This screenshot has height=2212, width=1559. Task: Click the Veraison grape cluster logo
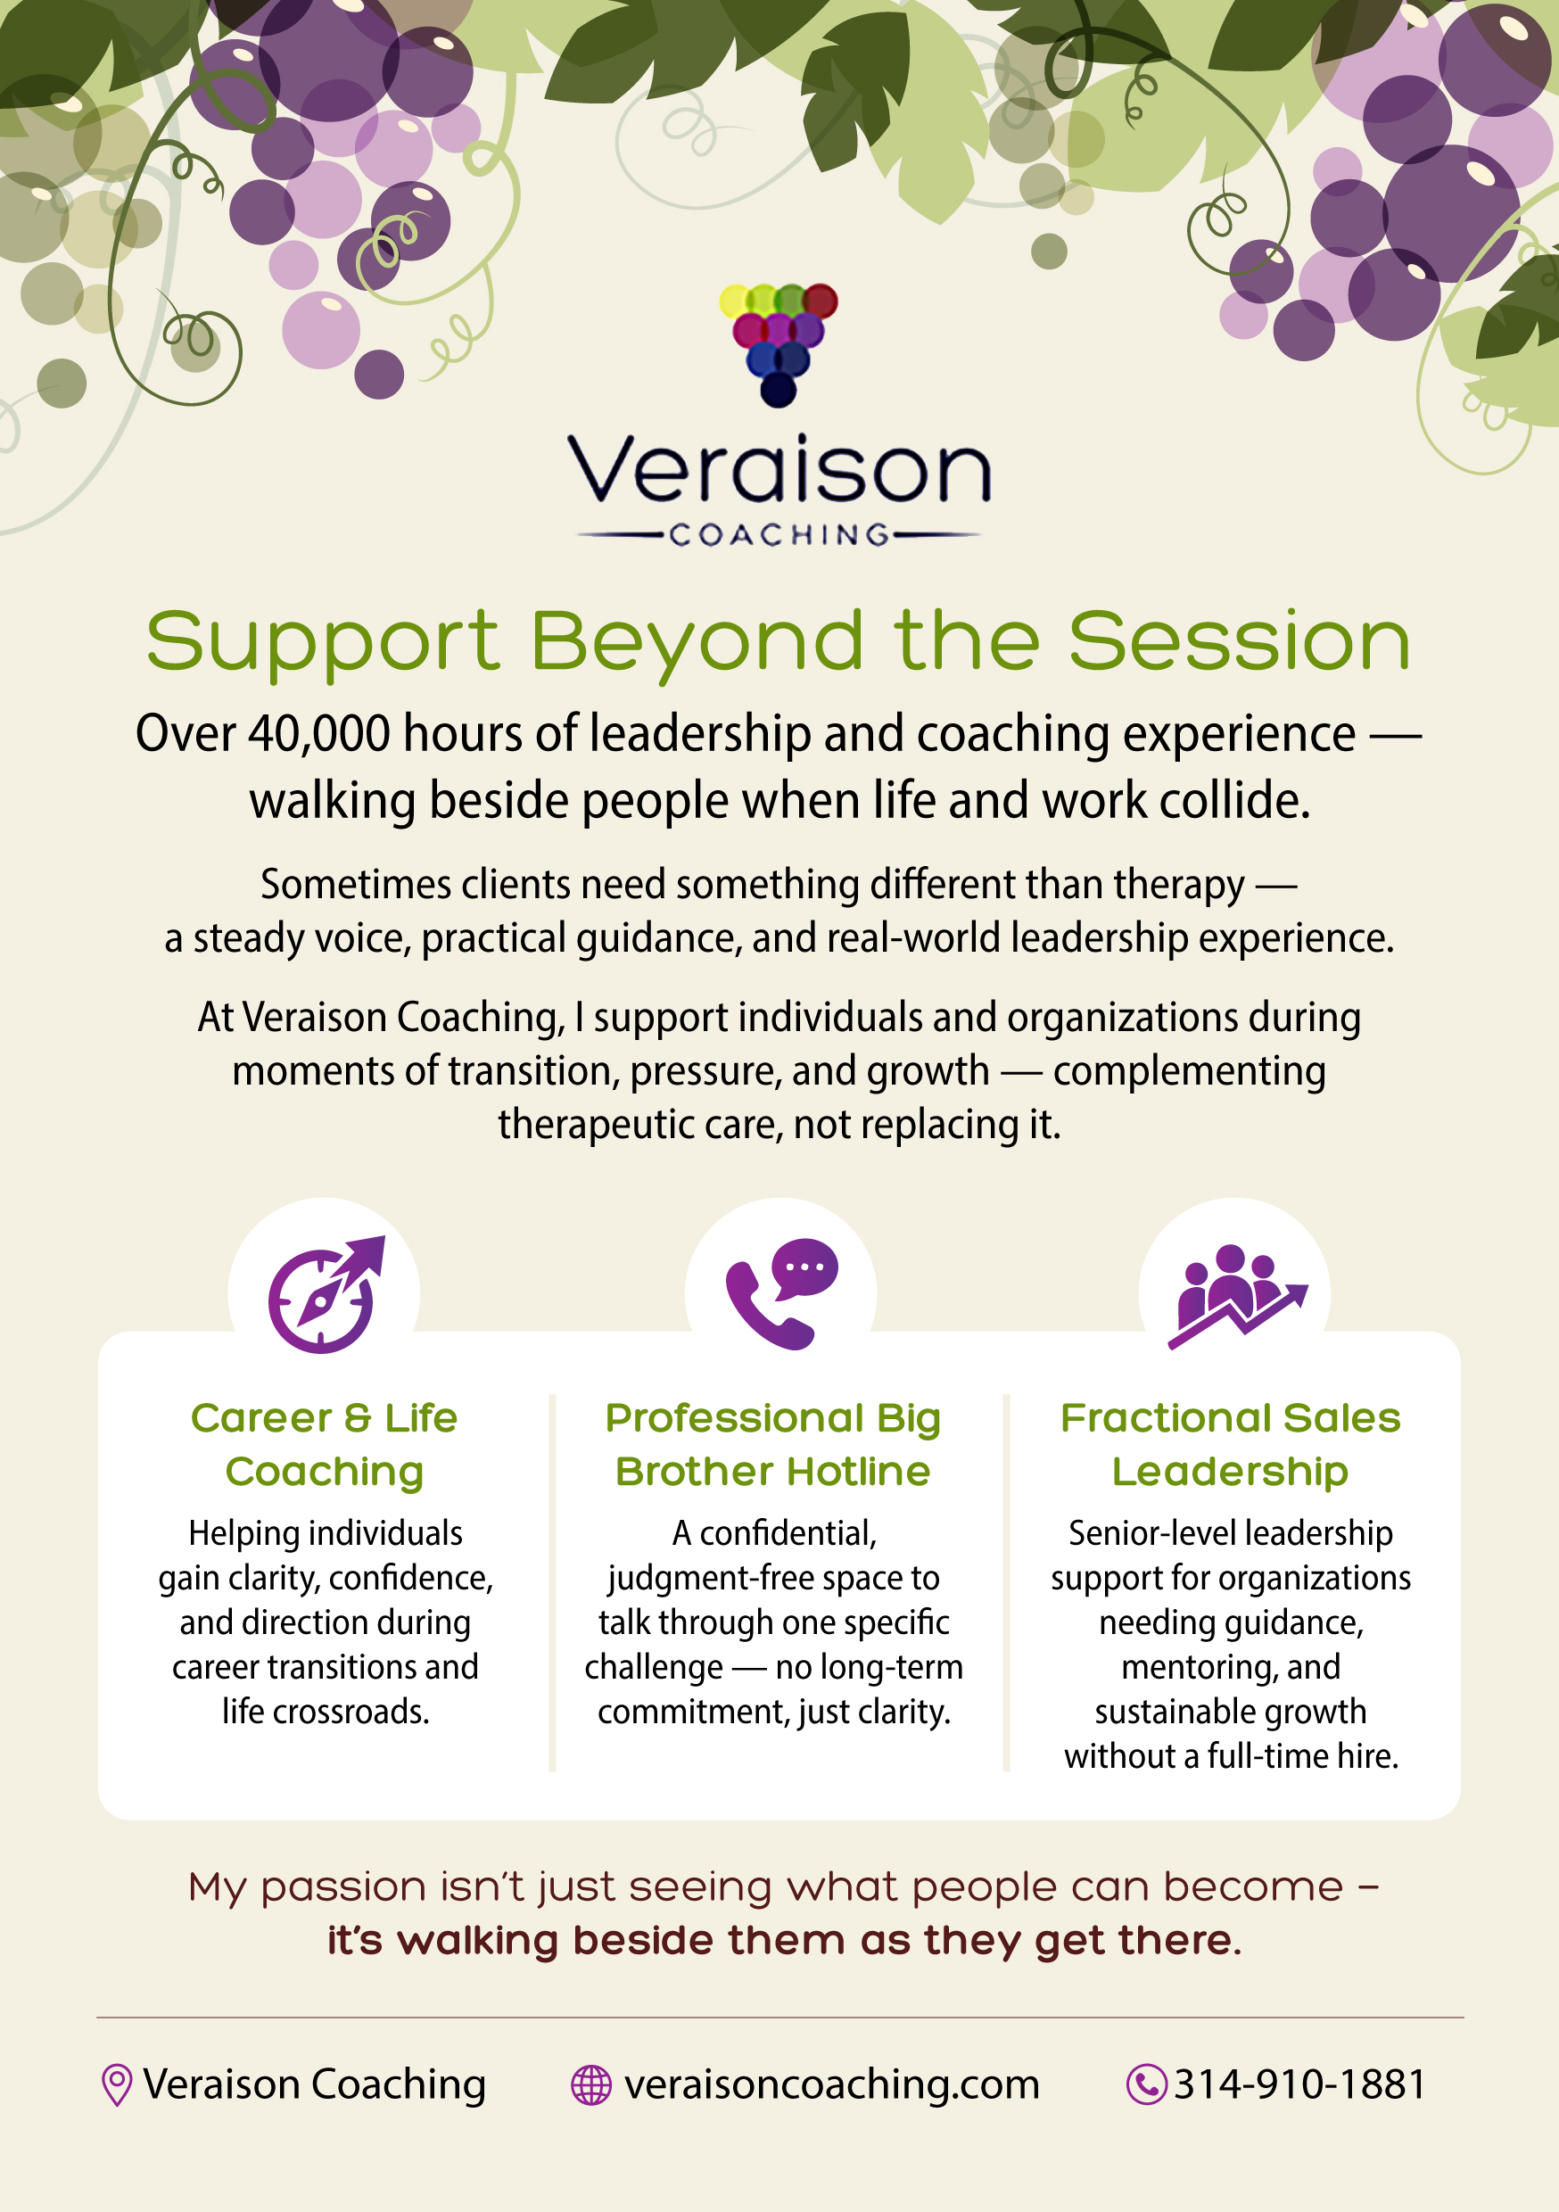click(x=779, y=345)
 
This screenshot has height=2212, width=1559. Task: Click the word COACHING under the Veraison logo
click(x=779, y=534)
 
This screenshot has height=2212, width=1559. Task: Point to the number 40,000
click(x=319, y=733)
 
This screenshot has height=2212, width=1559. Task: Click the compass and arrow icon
click(x=326, y=1294)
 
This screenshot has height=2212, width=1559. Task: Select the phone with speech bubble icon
click(x=780, y=1294)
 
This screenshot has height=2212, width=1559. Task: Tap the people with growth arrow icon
click(x=1237, y=1296)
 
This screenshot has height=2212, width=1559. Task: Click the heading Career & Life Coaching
click(x=325, y=1444)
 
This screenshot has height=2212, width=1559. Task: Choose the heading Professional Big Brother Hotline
click(x=772, y=1444)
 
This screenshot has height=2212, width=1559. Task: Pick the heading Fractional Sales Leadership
click(x=1231, y=1444)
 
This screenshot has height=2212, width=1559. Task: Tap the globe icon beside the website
click(x=590, y=2084)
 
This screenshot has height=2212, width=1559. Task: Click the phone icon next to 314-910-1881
click(x=1147, y=2084)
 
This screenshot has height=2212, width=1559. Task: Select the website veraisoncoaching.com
click(x=831, y=2084)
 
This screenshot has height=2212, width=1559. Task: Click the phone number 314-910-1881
click(x=1299, y=2084)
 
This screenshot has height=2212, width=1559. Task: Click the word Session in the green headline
click(x=1240, y=641)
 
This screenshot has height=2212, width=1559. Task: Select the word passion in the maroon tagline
click(x=344, y=1887)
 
